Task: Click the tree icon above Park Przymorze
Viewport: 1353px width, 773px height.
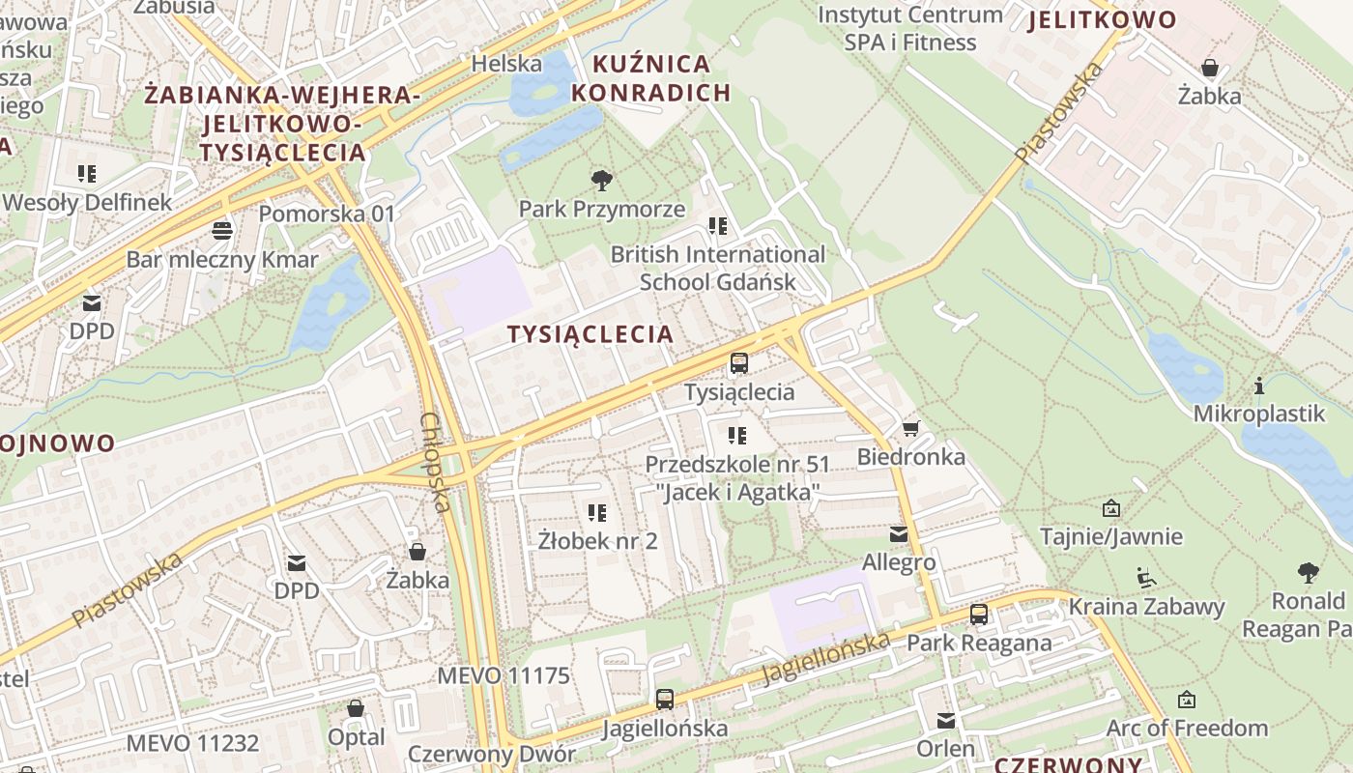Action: pos(602,180)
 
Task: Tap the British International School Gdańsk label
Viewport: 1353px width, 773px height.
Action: pos(718,268)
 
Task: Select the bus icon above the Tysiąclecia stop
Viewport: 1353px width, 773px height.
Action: pos(739,363)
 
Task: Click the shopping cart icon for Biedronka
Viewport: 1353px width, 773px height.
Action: pos(910,428)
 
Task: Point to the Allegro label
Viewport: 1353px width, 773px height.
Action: pos(899,561)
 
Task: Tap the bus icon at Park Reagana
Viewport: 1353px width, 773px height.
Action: pos(979,615)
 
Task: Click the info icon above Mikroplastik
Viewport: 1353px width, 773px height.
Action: pos(1259,386)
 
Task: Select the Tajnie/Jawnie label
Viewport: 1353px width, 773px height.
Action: pos(1111,536)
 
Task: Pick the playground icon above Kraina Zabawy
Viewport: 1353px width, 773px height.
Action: pos(1146,578)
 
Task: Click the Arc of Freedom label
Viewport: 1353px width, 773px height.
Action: pos(1187,728)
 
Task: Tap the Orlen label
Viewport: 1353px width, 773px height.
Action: pos(946,749)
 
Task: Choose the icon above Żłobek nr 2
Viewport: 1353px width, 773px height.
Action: pos(597,512)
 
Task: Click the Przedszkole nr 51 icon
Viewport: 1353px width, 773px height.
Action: pos(738,436)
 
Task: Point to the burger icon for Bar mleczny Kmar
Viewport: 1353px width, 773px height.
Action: pos(222,230)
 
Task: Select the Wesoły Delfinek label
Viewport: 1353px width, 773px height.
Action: pos(87,203)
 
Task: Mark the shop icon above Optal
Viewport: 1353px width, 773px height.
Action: pos(356,708)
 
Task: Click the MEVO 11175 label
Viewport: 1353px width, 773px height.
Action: pos(504,675)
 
